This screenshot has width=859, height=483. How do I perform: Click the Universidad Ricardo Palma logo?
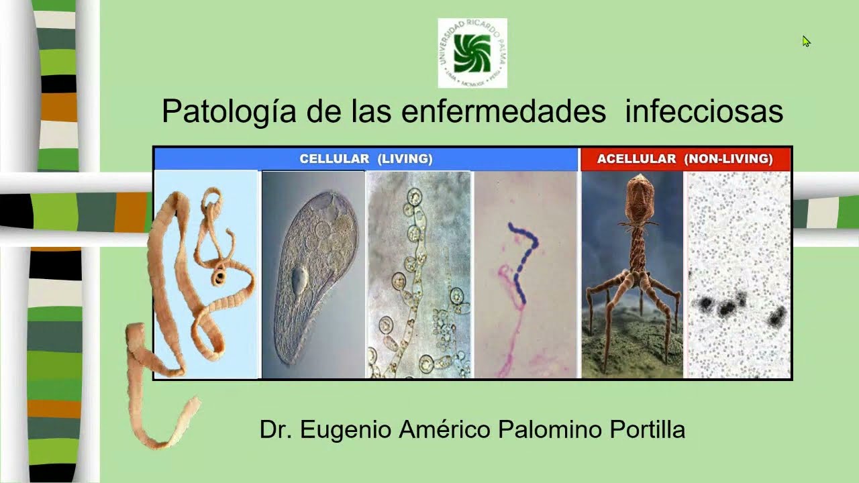coord(472,53)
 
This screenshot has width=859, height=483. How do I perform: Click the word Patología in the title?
coord(228,111)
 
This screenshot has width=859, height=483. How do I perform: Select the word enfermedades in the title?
coord(503,111)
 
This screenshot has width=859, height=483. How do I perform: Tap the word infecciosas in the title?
coord(703,111)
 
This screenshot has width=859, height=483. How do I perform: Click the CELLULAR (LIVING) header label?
coord(366,159)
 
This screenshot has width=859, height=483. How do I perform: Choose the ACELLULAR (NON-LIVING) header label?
coord(685,159)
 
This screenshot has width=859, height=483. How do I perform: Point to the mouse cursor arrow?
coord(806,41)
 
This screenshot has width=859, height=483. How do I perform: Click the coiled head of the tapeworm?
coord(219,277)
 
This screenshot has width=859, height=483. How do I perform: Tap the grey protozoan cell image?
coord(312,275)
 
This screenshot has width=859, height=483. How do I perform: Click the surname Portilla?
coord(648,429)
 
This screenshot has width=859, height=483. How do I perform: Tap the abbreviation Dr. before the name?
coord(276,429)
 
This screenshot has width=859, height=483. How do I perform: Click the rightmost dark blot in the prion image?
coord(777,315)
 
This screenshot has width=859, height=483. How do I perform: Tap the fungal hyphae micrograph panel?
coord(419,275)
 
